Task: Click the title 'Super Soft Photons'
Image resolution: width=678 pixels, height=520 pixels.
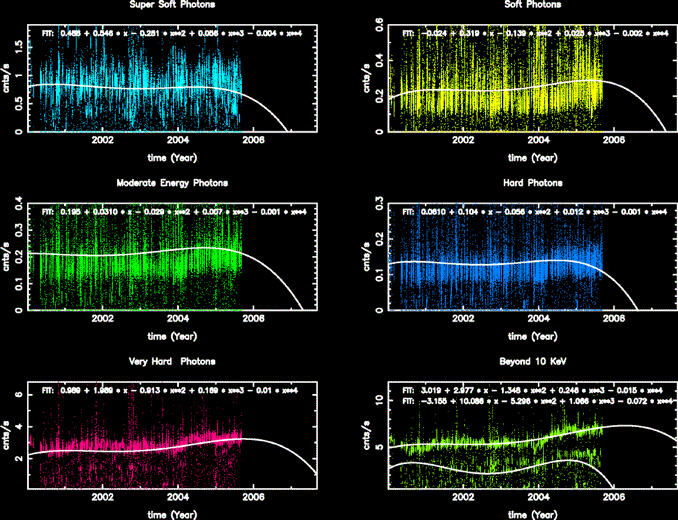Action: tap(172, 5)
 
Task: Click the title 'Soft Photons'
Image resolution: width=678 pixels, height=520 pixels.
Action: tap(533, 5)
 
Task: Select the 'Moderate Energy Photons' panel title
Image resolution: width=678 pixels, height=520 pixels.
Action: tap(172, 183)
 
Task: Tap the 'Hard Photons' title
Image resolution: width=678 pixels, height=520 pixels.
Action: tap(533, 183)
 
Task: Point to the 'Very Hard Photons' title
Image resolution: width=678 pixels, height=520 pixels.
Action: tap(172, 362)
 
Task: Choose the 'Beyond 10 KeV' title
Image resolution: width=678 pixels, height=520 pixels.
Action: tap(533, 362)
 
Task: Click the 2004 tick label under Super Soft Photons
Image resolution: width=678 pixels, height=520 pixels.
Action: tap(178, 140)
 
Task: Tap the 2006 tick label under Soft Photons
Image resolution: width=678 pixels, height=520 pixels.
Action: tap(614, 140)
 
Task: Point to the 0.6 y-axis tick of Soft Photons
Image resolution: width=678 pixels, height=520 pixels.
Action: tap(380, 25)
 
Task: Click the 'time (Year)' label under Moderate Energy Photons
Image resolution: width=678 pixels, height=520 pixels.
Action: tap(172, 336)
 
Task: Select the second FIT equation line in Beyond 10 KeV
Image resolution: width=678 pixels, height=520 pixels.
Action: tap(537, 400)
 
